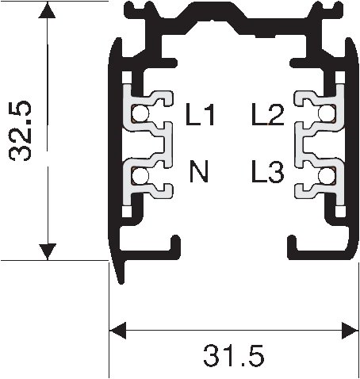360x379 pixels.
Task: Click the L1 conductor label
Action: point(200,117)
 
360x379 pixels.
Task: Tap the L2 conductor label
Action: point(267,117)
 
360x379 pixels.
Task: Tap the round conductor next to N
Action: point(140,175)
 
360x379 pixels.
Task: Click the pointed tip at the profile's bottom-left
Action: point(119,278)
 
